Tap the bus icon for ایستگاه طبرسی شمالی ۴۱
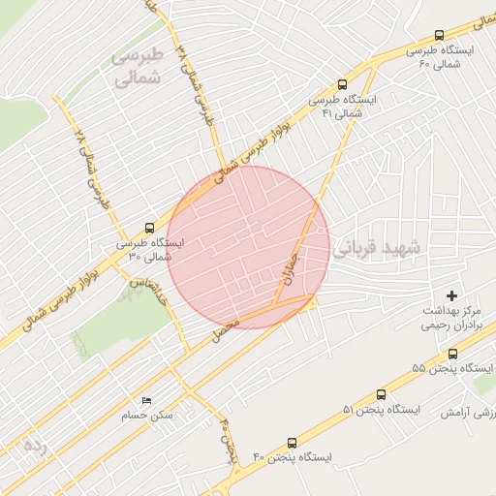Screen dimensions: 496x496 point(341,84)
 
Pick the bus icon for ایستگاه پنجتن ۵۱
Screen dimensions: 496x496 point(381,394)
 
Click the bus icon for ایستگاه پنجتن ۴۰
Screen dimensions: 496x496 point(293,441)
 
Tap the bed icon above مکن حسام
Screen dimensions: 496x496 point(146,400)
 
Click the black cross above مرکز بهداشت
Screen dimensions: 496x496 point(451,294)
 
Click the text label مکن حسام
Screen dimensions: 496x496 point(147,416)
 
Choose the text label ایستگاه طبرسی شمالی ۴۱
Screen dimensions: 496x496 point(341,107)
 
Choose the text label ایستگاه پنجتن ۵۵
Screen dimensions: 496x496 point(452,369)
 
